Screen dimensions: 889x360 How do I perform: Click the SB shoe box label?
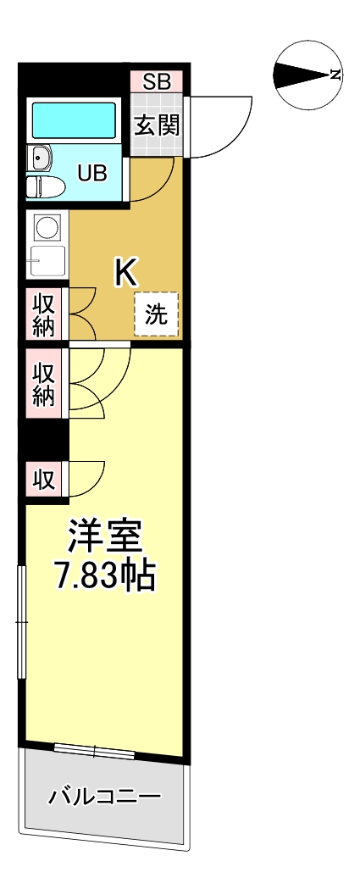pyautogui.click(x=156, y=82)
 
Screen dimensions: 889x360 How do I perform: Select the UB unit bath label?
pyautogui.click(x=92, y=173)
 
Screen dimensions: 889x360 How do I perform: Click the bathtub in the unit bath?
pyautogui.click(x=73, y=120)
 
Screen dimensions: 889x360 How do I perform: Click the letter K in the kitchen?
pyautogui.click(x=125, y=272)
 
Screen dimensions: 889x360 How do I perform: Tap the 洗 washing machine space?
pyautogui.click(x=156, y=314)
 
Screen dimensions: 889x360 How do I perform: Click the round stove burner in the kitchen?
pyautogui.click(x=47, y=227)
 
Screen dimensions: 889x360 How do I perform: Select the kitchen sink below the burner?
pyautogui.click(x=47, y=260)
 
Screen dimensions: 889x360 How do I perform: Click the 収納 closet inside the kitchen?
pyautogui.click(x=43, y=314)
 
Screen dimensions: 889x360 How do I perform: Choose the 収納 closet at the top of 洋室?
pyautogui.click(x=43, y=384)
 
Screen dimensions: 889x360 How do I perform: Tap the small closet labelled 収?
pyautogui.click(x=43, y=480)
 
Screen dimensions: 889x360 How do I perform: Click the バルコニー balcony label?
pyautogui.click(x=104, y=797)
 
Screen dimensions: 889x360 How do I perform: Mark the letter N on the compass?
pyautogui.click(x=336, y=75)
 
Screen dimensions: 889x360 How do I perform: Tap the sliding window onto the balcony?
pyautogui.click(x=94, y=750)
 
